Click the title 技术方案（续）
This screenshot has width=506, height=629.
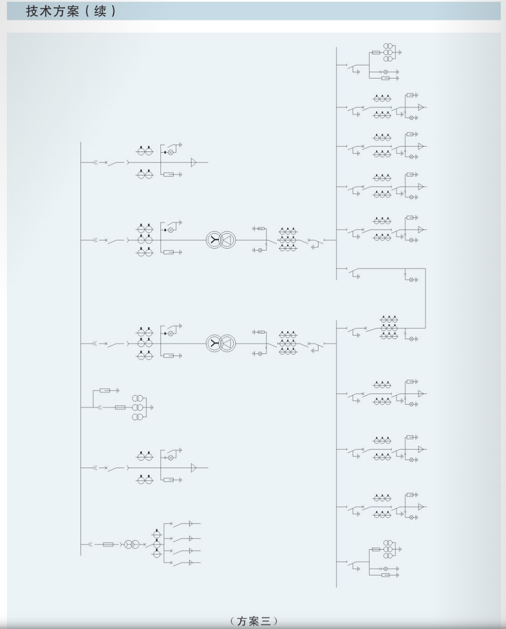coord(71,11)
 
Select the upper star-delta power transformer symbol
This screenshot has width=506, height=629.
coord(221,240)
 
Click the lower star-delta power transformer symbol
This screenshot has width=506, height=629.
coord(221,343)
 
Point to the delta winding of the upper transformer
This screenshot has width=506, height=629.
coord(228,240)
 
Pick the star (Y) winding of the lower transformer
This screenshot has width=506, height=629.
coord(214,343)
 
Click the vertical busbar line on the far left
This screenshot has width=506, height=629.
coord(81,349)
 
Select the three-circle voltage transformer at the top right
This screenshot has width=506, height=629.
coord(388,53)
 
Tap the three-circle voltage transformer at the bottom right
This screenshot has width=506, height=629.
coord(388,549)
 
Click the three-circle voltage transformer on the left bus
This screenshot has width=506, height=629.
coord(138,408)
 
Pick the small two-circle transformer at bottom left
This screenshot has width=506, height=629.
coord(131,544)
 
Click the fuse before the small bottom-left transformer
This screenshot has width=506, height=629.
coord(108,544)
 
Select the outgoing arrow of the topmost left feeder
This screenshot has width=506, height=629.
coord(193,163)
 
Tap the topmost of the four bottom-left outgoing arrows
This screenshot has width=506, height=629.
coord(191,523)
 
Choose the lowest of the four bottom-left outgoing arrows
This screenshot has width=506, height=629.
coord(191,562)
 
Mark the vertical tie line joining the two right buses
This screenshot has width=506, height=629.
coord(425,298)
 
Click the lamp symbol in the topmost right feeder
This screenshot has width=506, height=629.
coord(386,72)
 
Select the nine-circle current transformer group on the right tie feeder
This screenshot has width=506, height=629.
coord(389,328)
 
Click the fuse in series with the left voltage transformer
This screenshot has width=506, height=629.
coord(120,408)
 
